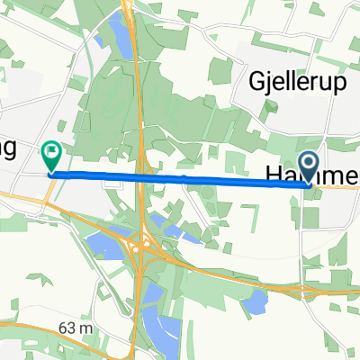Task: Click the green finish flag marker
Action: (51, 155)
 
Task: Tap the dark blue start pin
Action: (309, 166)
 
